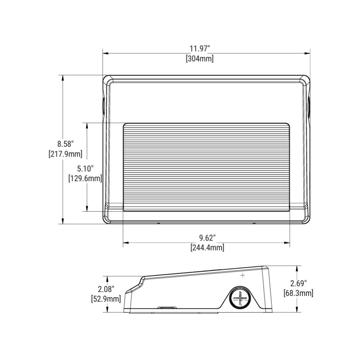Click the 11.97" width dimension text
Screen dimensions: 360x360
pos(200,49)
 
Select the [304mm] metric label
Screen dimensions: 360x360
pos(200,59)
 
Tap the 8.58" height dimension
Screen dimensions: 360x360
pos(66,144)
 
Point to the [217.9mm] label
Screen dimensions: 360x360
pos(66,154)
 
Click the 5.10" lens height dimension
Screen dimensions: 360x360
pos(85,168)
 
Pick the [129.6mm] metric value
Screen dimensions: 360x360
pos(85,178)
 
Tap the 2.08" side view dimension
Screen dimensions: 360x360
pos(106,289)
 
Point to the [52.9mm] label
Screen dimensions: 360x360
pos(106,299)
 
